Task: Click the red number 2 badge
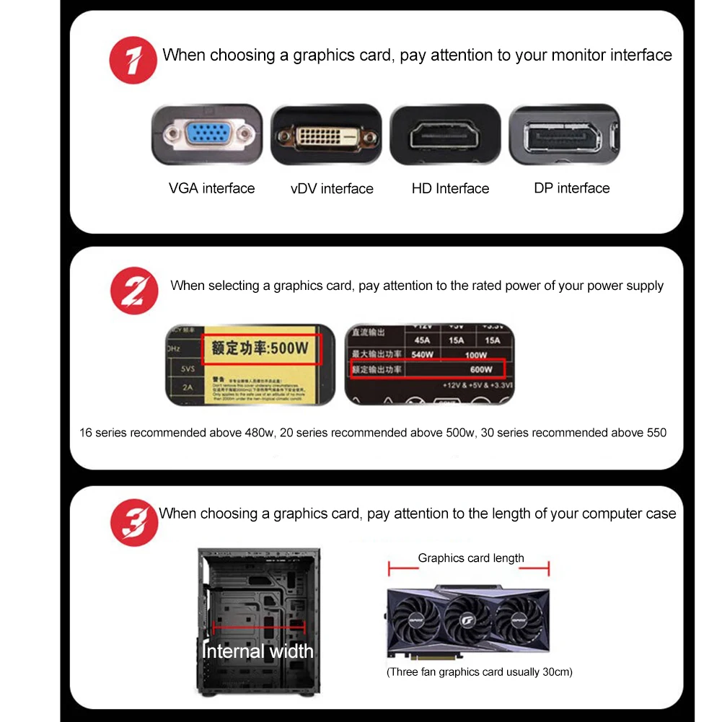tap(133, 290)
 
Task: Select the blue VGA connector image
tap(206, 135)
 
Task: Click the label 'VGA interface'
tap(211, 189)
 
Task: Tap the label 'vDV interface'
tap(332, 189)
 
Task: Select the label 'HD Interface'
tap(450, 189)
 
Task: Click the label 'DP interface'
tap(571, 188)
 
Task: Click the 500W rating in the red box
tap(260, 349)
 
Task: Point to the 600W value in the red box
tap(480, 370)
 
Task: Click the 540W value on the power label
tap(423, 355)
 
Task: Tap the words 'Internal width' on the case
tap(257, 651)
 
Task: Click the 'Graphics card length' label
tap(471, 558)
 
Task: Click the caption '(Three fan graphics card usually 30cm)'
tap(479, 672)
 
